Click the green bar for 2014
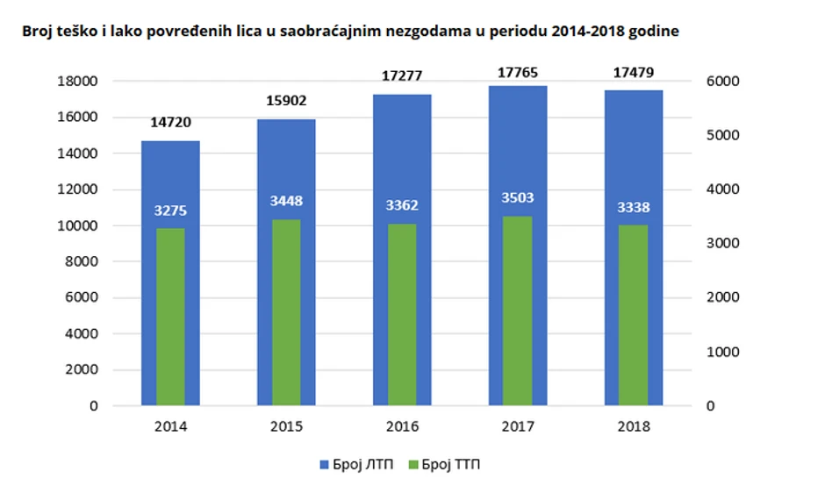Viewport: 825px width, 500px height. tap(171, 317)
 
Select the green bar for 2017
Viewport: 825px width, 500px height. tap(517, 311)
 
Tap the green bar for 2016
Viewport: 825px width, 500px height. tap(402, 315)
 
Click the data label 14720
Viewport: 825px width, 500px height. tap(171, 123)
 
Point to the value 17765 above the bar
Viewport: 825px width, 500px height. tap(517, 72)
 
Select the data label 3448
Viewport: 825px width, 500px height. tap(286, 202)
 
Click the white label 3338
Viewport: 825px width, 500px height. tap(633, 207)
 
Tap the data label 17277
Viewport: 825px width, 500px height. tap(402, 77)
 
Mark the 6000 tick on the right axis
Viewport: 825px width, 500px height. tap(725, 82)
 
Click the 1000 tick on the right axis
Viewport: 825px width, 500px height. tap(725, 352)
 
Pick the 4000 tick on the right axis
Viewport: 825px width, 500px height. tap(725, 189)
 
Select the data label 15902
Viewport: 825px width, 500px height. tap(286, 101)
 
